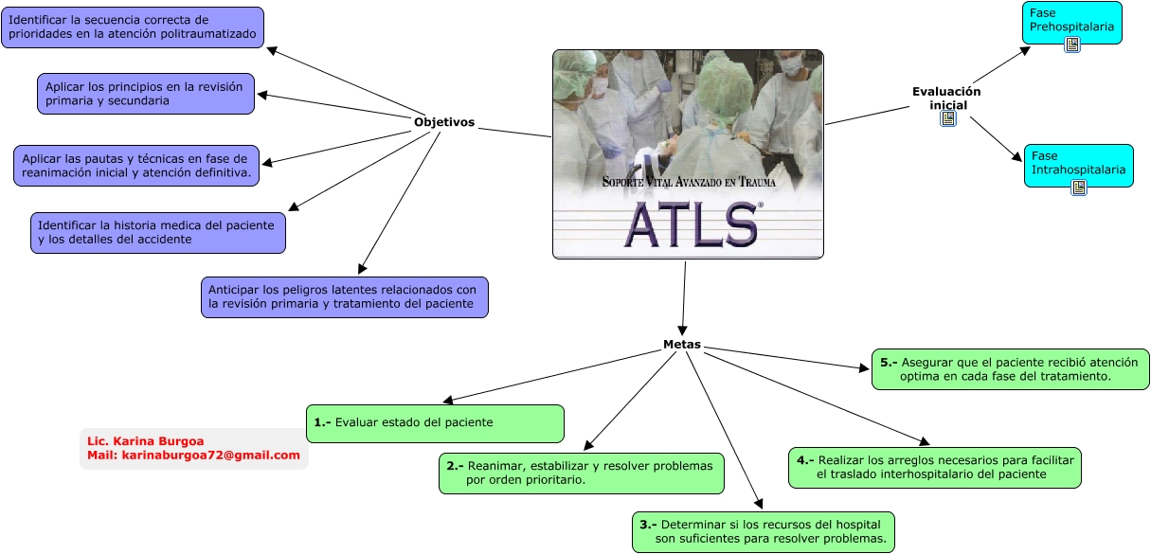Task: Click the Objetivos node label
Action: click(444, 122)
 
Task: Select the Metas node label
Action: click(682, 345)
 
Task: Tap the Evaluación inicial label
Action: click(946, 98)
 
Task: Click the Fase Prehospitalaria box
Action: click(1071, 23)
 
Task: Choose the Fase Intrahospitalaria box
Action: click(1079, 166)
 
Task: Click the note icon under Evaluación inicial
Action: click(948, 118)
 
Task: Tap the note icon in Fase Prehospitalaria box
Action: click(1071, 45)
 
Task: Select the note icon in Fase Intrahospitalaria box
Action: click(1079, 188)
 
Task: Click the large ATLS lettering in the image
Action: click(692, 224)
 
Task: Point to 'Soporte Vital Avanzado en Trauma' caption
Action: click(689, 182)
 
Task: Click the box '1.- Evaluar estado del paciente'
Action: click(435, 423)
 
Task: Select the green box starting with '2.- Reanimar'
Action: click(582, 474)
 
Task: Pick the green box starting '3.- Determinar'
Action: click(764, 532)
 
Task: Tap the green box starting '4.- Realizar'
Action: click(935, 468)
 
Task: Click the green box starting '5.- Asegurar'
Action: click(1010, 369)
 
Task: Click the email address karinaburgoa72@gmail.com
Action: click(210, 456)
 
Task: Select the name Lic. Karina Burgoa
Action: click(146, 441)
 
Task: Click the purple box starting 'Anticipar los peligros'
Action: click(345, 297)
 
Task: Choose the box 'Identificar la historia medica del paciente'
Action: click(158, 233)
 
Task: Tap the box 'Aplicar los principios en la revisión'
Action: click(146, 94)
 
